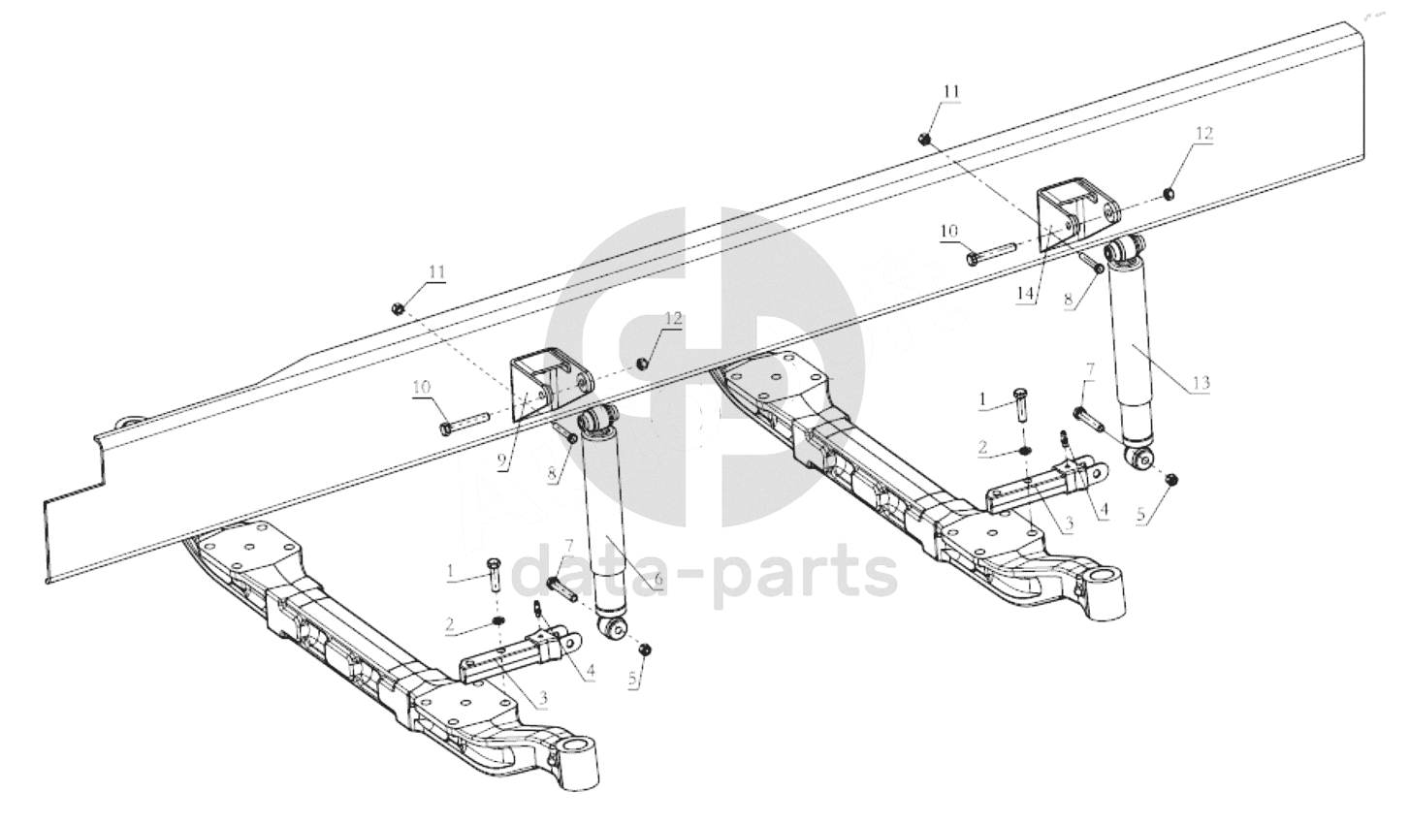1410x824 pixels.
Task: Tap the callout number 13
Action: pyautogui.click(x=1201, y=382)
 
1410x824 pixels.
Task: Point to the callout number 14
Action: pyautogui.click(x=1027, y=294)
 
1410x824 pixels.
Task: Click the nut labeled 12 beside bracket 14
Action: pyautogui.click(x=1167, y=193)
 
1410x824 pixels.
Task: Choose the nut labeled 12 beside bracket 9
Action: pyautogui.click(x=641, y=364)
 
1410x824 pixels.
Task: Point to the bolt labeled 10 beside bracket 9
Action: pyautogui.click(x=464, y=423)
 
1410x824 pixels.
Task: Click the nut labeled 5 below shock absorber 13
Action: pyautogui.click(x=1171, y=480)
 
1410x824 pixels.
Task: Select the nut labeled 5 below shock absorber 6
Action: pyautogui.click(x=645, y=649)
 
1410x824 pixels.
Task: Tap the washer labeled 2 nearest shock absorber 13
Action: pyautogui.click(x=1024, y=451)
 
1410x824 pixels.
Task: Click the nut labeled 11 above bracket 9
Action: pyautogui.click(x=398, y=308)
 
